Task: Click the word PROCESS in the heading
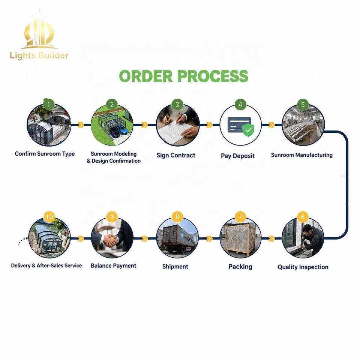(213, 76)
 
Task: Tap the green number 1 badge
(49, 105)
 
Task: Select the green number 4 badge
(240, 105)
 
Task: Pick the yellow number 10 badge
(49, 217)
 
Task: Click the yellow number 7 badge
(240, 217)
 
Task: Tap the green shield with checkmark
(248, 130)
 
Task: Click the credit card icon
(239, 124)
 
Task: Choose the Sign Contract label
(176, 155)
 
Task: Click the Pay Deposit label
(238, 156)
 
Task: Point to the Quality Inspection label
(303, 267)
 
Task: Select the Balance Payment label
(113, 265)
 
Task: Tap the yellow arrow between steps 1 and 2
(81, 124)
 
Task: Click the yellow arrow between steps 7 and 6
(271, 238)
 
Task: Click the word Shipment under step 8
(175, 267)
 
